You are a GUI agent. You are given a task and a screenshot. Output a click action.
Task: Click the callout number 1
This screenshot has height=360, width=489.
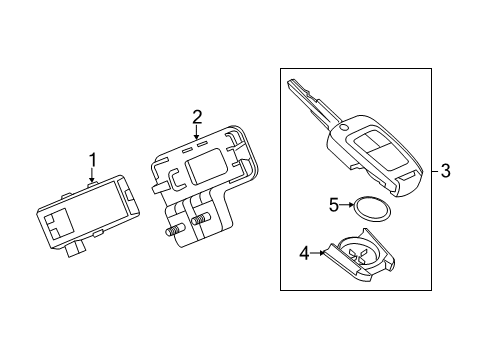[x=92, y=159]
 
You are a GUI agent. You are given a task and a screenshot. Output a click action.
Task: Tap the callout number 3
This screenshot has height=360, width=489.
[x=446, y=171]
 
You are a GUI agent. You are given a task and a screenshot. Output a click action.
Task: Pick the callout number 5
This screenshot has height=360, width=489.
[x=334, y=205]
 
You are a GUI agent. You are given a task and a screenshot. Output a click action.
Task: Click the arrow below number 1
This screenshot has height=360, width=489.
[x=92, y=175]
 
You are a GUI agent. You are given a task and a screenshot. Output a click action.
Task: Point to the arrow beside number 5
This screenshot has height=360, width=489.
[x=349, y=205]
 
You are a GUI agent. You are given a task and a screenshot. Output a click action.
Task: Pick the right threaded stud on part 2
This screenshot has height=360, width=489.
[x=201, y=221]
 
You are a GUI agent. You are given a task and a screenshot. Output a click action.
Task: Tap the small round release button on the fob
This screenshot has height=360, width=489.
[x=345, y=128]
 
